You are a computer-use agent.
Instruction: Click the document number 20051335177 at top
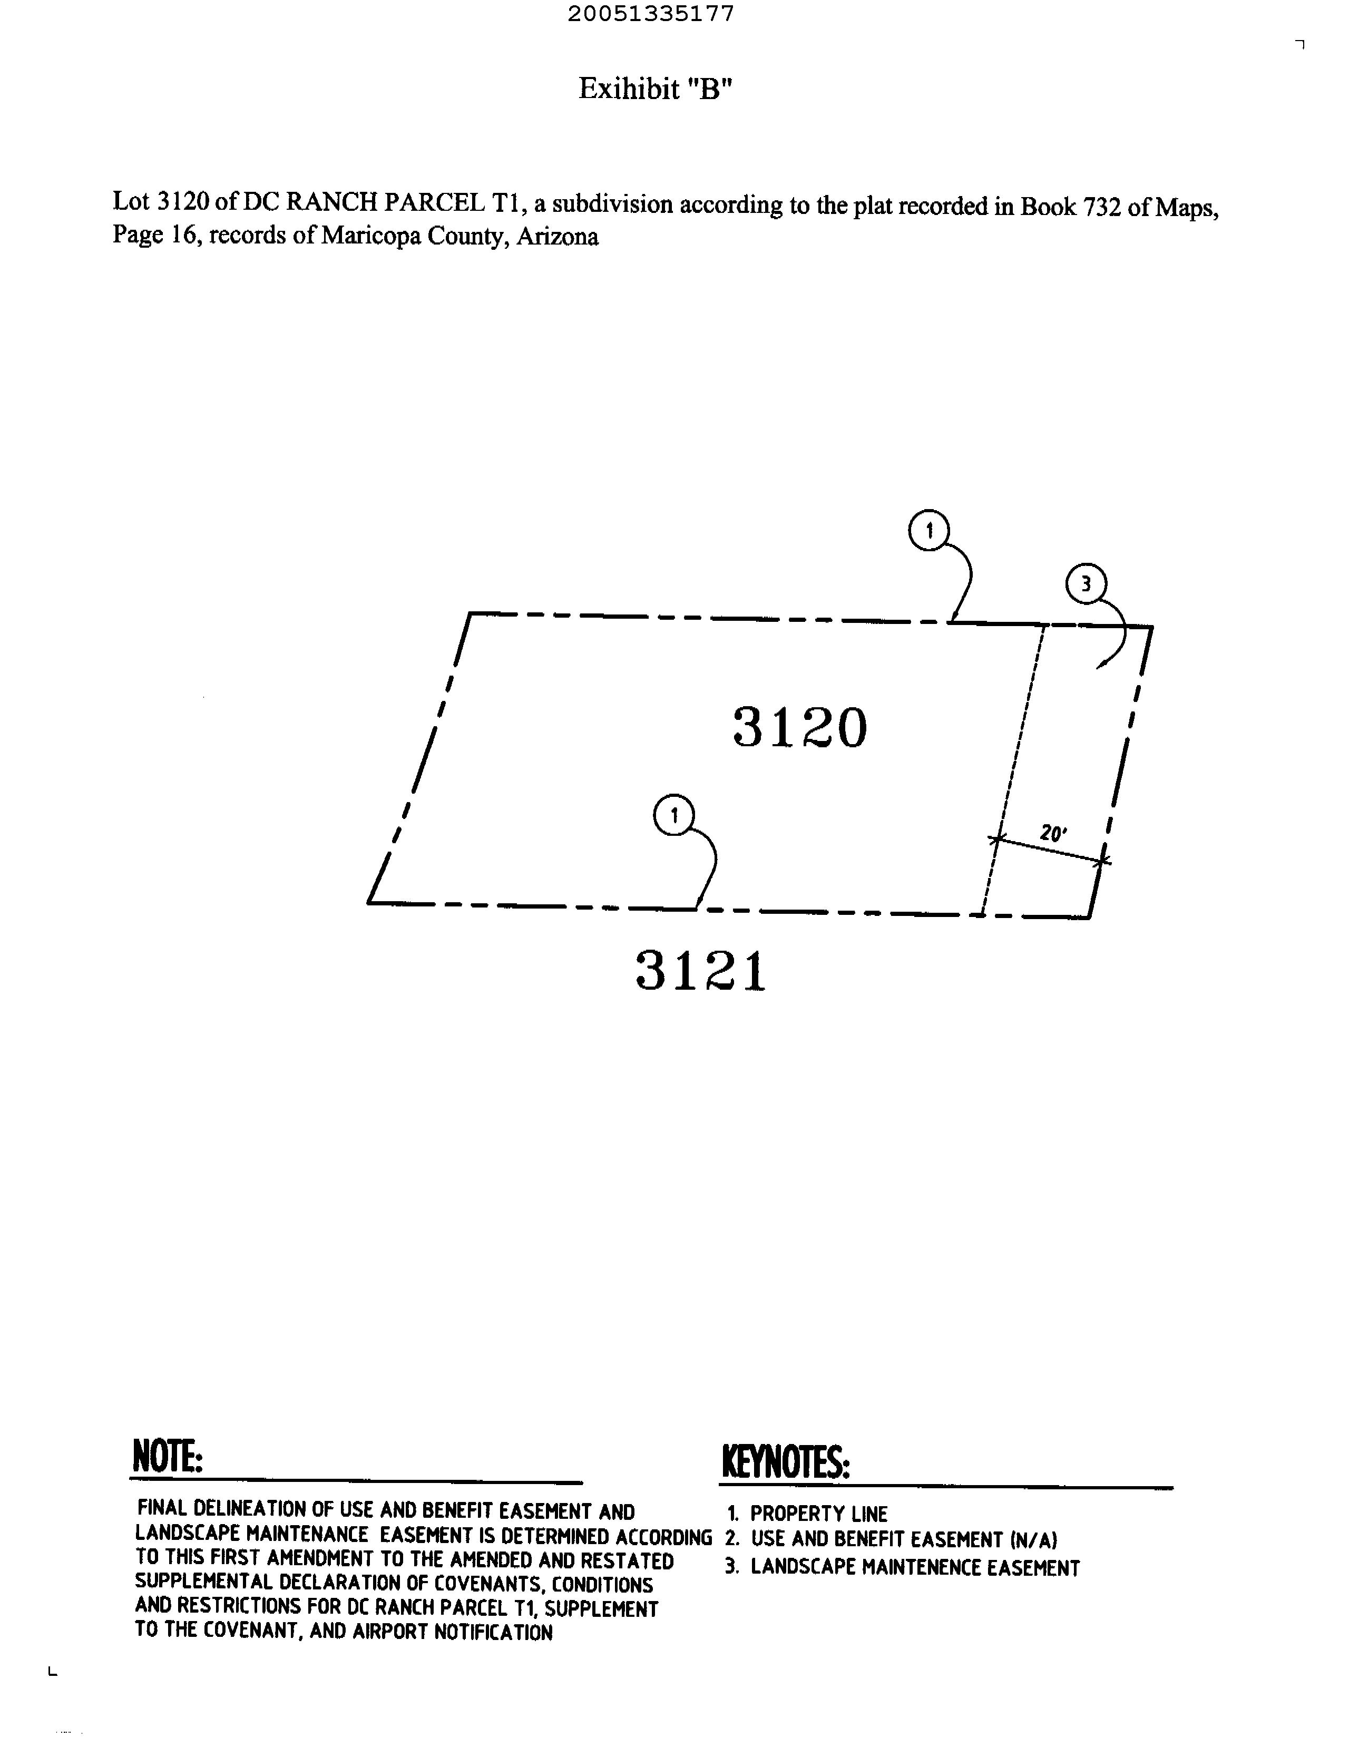point(651,14)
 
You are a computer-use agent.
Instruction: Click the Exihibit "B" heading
point(654,89)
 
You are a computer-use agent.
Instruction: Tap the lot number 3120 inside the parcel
point(799,728)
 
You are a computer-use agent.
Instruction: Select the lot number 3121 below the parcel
point(701,971)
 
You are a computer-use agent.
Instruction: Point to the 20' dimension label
point(1053,834)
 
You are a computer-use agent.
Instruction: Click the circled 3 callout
point(1086,584)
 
